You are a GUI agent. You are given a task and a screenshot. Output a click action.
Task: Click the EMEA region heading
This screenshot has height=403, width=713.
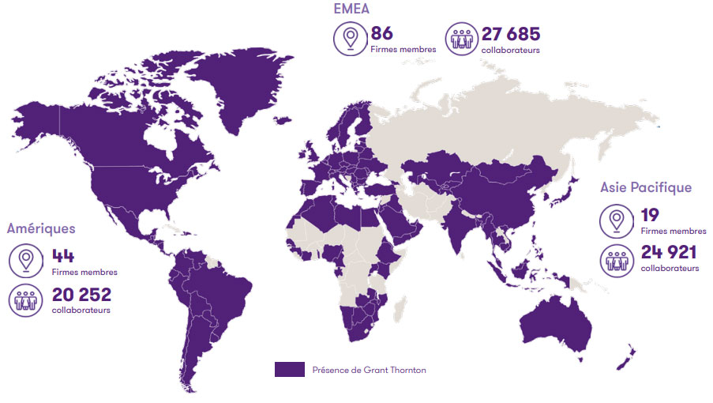click(351, 9)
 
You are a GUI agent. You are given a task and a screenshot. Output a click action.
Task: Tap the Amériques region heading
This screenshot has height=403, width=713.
click(41, 228)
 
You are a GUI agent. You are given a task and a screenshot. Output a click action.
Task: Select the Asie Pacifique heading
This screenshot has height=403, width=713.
click(645, 187)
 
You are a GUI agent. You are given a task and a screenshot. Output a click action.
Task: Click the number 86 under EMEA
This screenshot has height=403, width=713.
click(381, 33)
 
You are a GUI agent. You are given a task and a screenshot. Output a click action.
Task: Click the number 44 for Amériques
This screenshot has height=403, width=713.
click(63, 256)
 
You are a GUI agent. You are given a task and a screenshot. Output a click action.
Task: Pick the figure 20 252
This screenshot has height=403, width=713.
click(81, 295)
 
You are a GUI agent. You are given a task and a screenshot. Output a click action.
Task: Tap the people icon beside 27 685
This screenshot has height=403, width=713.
click(462, 39)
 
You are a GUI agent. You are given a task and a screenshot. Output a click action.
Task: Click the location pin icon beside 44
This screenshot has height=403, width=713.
click(26, 261)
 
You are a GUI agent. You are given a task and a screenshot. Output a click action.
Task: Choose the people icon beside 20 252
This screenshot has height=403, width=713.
click(26, 300)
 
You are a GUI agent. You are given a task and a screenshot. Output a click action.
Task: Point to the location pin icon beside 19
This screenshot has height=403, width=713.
click(616, 220)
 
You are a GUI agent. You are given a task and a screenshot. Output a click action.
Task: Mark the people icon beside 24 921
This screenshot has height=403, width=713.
click(616, 259)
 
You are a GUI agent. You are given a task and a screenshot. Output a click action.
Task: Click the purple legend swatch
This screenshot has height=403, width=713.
click(290, 369)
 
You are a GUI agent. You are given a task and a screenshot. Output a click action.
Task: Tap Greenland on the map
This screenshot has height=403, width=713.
click(237, 87)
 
